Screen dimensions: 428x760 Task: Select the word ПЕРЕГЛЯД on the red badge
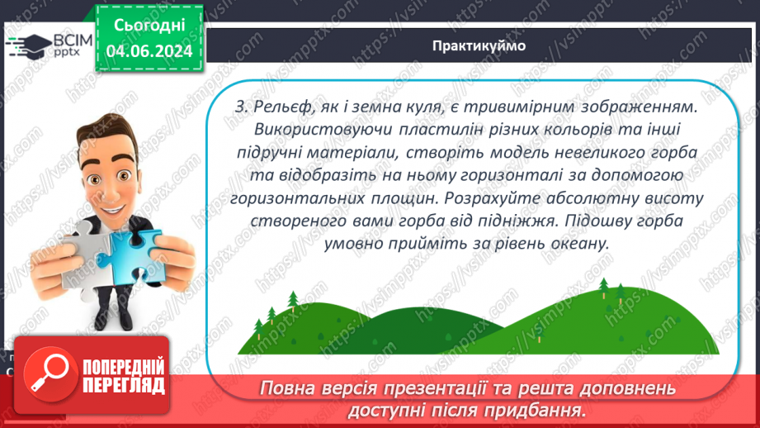tap(122, 385)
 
